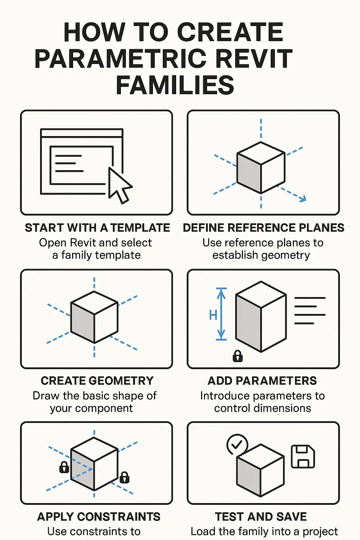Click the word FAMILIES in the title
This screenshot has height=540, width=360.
pyautogui.click(x=175, y=85)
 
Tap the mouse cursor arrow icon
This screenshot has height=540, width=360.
pyautogui.click(x=120, y=185)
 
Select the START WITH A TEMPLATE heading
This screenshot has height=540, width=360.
pyautogui.click(x=97, y=228)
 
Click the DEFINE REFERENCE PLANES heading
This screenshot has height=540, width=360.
pyautogui.click(x=264, y=228)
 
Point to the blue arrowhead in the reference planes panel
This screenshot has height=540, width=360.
pyautogui.click(x=303, y=199)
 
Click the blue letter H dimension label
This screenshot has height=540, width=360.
pyautogui.click(x=213, y=315)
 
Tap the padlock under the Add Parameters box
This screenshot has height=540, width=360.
pyautogui.click(x=238, y=356)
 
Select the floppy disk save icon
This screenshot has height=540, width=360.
pyautogui.click(x=303, y=456)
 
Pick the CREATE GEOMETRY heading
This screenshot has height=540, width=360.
pyautogui.click(x=97, y=381)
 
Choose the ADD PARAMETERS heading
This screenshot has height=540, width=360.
pyautogui.click(x=262, y=381)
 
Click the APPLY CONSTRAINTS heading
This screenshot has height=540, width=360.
pyautogui.click(x=99, y=517)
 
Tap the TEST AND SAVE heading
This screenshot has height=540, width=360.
pyautogui.click(x=261, y=517)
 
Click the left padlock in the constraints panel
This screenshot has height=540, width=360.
pyautogui.click(x=64, y=467)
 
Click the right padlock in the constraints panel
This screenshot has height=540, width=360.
pyautogui.click(x=124, y=477)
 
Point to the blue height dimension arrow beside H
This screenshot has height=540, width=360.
pyautogui.click(x=221, y=314)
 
